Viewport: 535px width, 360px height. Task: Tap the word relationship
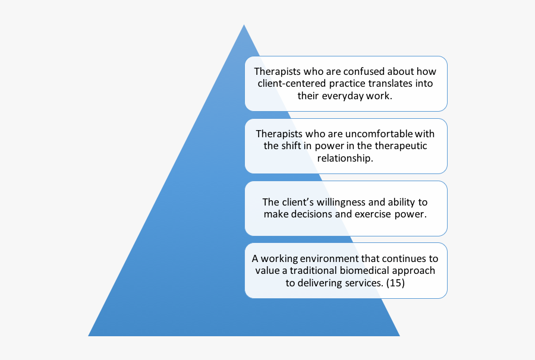point(345,158)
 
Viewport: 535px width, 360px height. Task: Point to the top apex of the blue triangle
point(244,25)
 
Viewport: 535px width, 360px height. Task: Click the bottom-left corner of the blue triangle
point(89,336)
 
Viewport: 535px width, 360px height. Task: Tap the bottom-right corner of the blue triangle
point(399,336)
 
